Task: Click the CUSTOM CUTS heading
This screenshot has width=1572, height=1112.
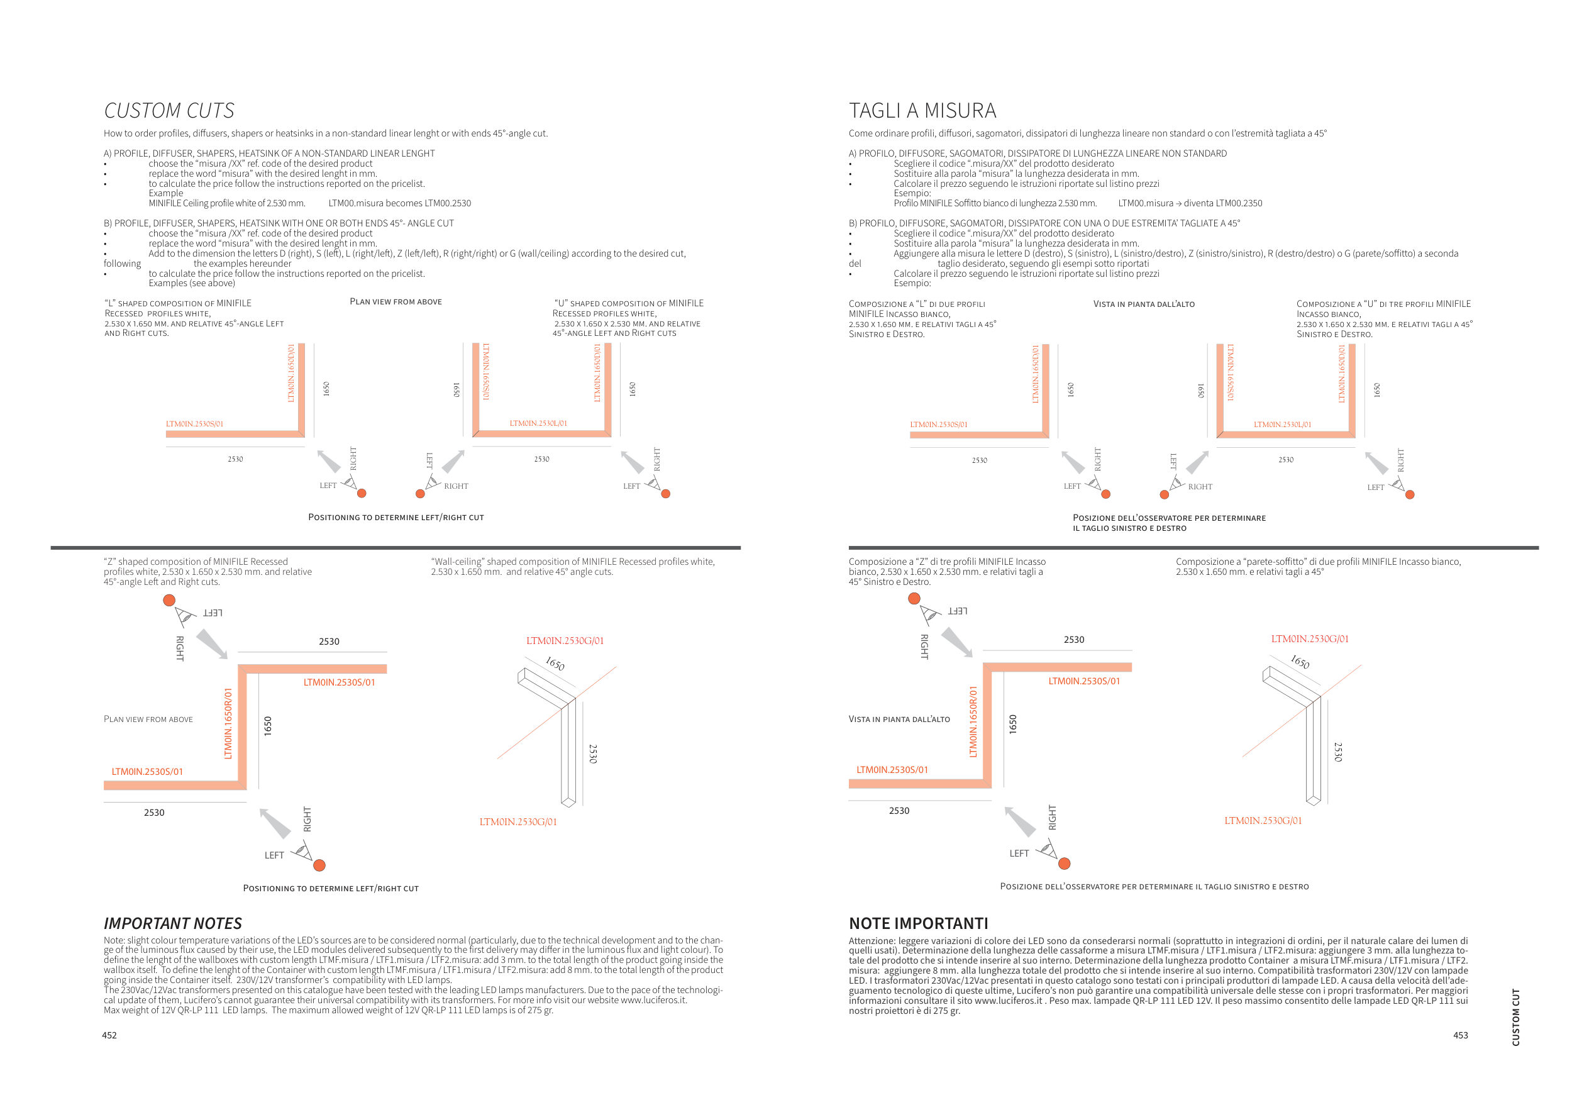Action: point(169,111)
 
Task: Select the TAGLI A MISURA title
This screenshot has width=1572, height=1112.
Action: point(922,111)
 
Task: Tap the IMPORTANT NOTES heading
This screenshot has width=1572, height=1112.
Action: point(172,923)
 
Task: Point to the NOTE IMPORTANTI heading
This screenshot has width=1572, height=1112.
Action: point(918,923)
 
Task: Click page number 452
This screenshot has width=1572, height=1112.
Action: point(109,1035)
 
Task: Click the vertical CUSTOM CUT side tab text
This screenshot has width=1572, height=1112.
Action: point(1516,1017)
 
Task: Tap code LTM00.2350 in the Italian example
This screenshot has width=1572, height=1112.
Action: point(1238,203)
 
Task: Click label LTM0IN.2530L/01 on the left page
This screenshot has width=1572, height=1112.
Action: point(538,423)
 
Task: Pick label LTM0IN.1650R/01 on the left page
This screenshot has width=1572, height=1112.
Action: point(229,723)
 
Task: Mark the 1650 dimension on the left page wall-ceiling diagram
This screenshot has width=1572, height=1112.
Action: point(555,664)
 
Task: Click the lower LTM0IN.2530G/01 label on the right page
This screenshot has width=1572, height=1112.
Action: point(1263,820)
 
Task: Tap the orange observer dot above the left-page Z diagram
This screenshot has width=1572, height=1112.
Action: point(169,600)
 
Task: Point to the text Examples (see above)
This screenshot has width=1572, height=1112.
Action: point(192,284)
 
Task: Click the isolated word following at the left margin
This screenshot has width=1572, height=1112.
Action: point(122,264)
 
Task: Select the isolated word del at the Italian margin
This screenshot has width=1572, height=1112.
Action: point(855,264)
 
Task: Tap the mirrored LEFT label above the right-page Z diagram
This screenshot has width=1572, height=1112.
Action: point(957,611)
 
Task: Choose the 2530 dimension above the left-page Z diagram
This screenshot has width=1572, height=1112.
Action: point(329,642)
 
